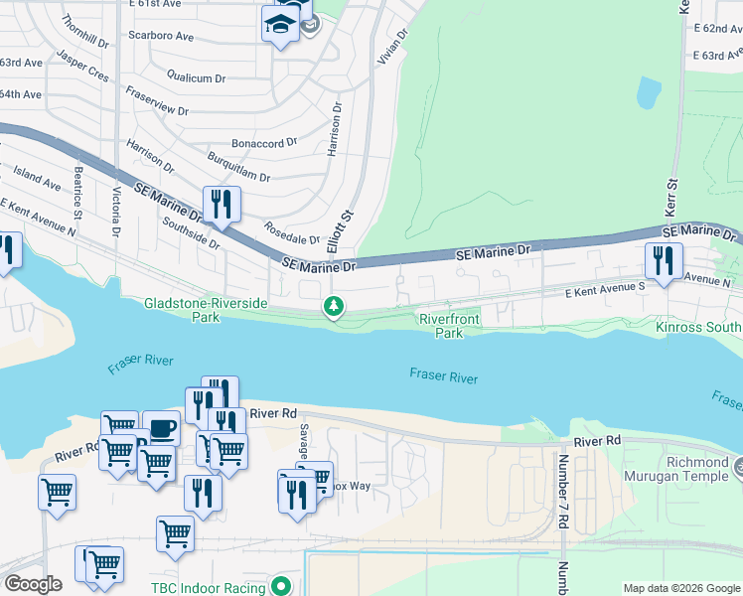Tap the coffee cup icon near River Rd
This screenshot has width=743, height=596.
[161, 428]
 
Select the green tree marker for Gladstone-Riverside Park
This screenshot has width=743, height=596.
[335, 308]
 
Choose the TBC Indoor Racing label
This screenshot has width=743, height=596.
[208, 588]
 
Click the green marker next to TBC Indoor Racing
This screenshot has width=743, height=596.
[281, 587]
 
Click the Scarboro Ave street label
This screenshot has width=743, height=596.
[160, 36]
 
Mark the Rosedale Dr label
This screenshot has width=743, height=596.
[292, 233]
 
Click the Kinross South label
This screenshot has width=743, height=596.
[698, 327]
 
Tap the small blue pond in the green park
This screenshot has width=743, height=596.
[649, 92]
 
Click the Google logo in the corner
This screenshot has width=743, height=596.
[33, 584]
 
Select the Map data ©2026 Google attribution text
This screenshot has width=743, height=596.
[680, 588]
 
